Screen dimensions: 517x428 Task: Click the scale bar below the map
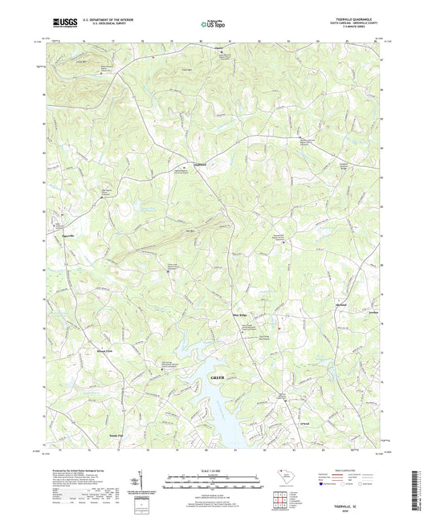[x=214, y=483]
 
